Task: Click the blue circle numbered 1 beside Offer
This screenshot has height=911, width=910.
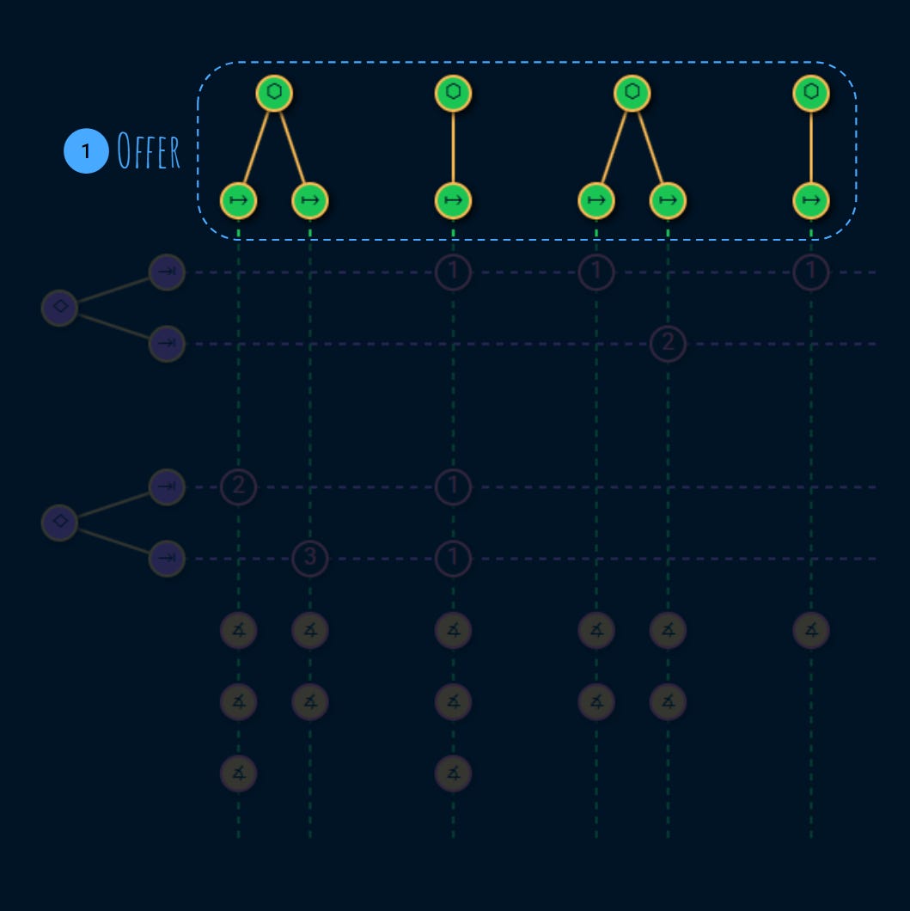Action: [85, 151]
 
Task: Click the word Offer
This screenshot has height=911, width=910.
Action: [149, 152]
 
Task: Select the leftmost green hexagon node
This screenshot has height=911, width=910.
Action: [274, 93]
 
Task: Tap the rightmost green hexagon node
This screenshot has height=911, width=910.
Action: [810, 93]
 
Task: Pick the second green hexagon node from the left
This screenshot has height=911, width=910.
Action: [453, 93]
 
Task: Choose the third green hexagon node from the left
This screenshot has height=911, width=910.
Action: [632, 93]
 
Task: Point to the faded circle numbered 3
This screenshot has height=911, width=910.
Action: [310, 559]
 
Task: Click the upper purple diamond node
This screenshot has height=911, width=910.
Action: [60, 307]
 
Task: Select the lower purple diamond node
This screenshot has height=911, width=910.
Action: [60, 522]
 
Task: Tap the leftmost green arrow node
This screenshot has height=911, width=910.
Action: [239, 201]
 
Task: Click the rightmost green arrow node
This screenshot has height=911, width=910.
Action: [810, 201]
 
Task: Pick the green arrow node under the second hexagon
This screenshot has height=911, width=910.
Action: [453, 201]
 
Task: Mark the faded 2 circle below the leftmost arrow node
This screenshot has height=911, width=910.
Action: [239, 487]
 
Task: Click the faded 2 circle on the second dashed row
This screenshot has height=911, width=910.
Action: [668, 344]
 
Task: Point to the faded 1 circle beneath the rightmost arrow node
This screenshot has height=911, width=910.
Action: [810, 272]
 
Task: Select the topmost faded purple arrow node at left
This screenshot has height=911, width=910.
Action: [167, 272]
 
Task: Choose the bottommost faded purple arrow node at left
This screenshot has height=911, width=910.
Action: [167, 559]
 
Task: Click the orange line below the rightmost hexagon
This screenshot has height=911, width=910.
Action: [810, 147]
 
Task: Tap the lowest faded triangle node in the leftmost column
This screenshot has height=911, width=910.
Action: [239, 773]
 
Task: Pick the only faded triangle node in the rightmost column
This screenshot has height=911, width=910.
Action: [810, 630]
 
